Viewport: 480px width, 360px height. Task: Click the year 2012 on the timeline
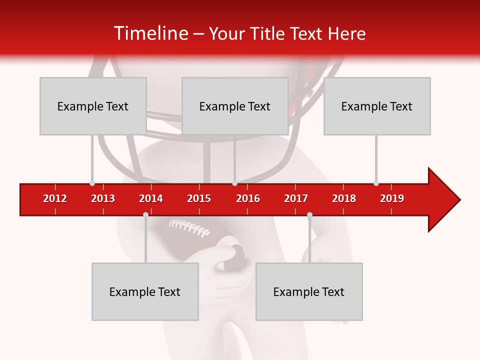[x=55, y=198]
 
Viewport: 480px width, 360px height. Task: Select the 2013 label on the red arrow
[x=103, y=198]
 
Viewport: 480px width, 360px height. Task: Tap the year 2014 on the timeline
[x=151, y=198]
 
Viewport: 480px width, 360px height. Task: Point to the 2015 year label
[x=199, y=198]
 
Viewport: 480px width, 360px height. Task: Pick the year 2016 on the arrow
[x=248, y=198]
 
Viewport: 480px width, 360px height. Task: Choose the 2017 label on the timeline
[x=296, y=198]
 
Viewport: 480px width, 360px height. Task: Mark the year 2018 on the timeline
[x=344, y=198]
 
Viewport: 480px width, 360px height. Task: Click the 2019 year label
[x=392, y=198]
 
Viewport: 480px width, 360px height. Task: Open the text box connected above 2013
[x=93, y=106]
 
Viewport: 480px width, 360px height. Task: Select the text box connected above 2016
[x=235, y=106]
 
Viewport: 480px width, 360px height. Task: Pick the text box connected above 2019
[x=377, y=106]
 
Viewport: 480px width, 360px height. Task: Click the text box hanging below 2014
[x=145, y=291]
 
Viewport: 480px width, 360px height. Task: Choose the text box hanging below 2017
[x=309, y=291]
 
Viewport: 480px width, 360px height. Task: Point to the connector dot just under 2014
[x=145, y=214]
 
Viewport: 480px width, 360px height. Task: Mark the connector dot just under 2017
[x=309, y=214]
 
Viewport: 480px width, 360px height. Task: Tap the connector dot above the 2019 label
[x=376, y=183]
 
